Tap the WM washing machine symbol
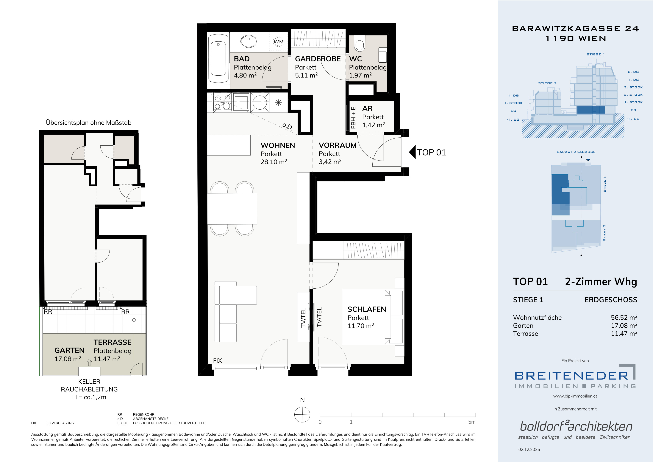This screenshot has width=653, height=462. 278,42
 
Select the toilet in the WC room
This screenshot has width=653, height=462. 360,43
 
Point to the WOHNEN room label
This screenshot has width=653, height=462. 278,145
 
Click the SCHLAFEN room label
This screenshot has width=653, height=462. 367,309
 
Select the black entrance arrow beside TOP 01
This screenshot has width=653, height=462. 412,153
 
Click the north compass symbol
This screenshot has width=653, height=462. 302,414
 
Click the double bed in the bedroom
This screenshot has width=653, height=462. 373,317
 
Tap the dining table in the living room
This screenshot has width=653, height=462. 232,209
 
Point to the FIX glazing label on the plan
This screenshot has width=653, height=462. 217,361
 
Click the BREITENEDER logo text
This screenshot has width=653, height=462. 571,376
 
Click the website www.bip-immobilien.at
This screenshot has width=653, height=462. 575,396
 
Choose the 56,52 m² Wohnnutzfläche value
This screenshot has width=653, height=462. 624,318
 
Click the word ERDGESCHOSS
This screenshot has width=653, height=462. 611,300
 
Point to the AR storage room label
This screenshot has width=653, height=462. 368,108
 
